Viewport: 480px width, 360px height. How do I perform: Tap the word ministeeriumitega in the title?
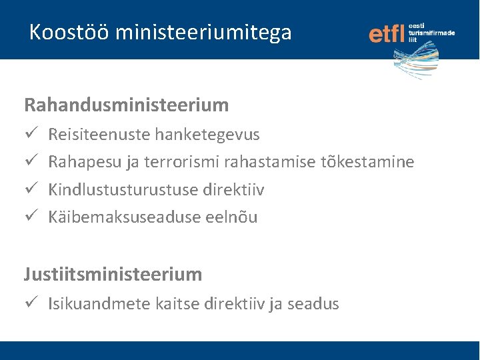(x=203, y=32)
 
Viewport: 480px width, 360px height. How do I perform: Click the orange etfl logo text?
(x=387, y=34)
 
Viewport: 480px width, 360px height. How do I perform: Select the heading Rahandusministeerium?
(x=127, y=105)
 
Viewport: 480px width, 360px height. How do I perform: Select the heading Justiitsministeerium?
(x=113, y=274)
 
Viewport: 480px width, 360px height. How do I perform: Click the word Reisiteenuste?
(x=99, y=135)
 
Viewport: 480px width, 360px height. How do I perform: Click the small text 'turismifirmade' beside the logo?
(x=431, y=32)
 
